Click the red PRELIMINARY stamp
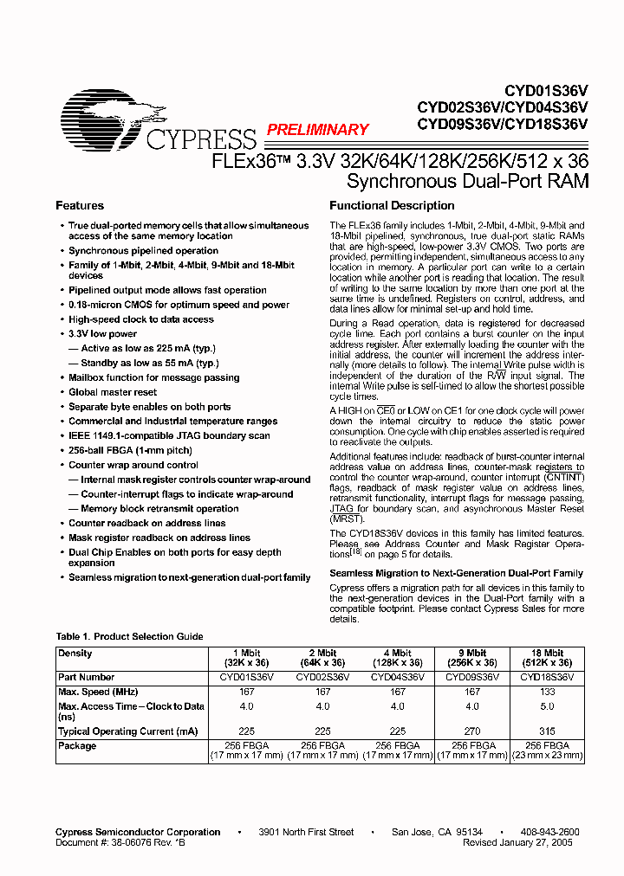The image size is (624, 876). coord(317,130)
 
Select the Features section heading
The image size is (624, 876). coord(80,206)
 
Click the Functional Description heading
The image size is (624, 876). coord(392,206)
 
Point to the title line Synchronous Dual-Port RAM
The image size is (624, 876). coord(467,182)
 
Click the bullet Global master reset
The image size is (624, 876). coord(113,392)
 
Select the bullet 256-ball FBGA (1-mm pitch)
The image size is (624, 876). coord(130,451)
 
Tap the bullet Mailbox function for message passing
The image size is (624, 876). coord(153,377)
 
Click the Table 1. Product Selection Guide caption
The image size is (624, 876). coord(129,636)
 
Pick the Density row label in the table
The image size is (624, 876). coord(75,654)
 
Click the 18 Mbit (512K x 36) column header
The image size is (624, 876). coord(547,659)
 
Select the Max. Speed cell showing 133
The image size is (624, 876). coord(547,692)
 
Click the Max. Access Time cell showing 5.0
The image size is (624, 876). coord(547,706)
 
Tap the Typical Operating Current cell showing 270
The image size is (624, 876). coord(472,731)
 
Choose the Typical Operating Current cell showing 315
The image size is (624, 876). coord(547,731)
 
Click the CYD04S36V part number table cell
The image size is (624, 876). coord(397,678)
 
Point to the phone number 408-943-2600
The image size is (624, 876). coord(549,832)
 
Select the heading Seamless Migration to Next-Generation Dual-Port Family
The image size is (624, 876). coord(456,573)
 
